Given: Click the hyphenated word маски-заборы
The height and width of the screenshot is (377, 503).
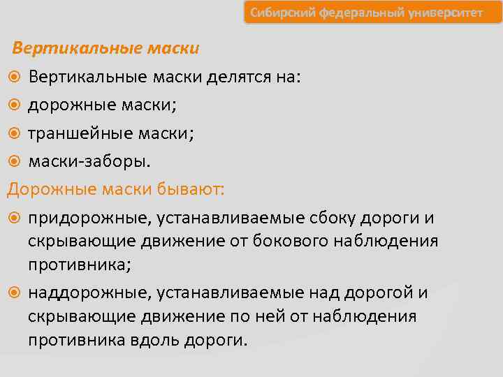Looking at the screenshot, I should pyautogui.click(x=88, y=161).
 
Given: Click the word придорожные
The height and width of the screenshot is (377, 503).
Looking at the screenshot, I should pyautogui.click(x=87, y=219).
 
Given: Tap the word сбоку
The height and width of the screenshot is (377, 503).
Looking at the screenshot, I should pyautogui.click(x=331, y=219).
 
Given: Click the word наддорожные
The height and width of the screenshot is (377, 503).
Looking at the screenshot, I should pyautogui.click(x=87, y=293).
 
